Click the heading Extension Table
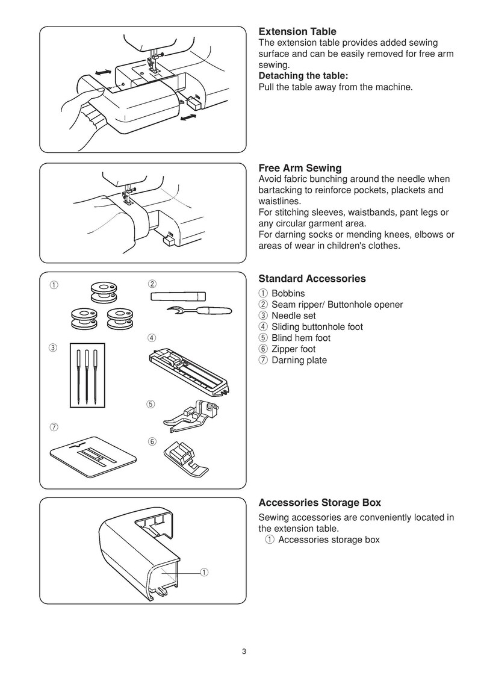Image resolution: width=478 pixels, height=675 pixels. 297,31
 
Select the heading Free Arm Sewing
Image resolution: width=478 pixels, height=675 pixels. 300,168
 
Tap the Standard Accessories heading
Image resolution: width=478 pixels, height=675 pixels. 312,279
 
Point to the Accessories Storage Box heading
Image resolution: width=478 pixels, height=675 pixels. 320,502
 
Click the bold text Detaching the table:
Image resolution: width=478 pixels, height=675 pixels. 303,76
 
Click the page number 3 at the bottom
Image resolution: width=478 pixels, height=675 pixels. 244,651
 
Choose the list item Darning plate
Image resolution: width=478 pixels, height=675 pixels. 299,360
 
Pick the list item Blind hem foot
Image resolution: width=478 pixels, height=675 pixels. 300,338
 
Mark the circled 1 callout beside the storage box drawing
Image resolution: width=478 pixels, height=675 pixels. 204,571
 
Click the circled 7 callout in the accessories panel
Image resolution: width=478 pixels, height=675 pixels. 54,427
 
